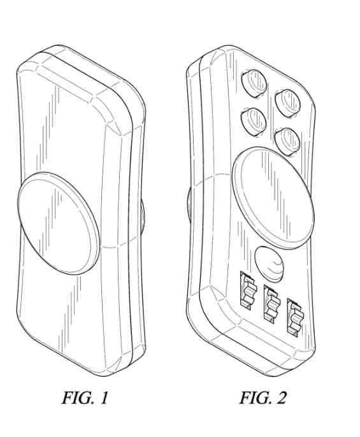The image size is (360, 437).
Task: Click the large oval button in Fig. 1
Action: (59, 223)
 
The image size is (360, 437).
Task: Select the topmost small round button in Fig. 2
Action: (254, 83)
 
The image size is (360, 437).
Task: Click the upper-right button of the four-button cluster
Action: (287, 103)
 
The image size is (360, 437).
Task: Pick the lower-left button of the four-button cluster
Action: (253, 122)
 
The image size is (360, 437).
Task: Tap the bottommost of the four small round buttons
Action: (287, 141)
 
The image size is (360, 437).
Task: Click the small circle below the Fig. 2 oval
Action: (270, 264)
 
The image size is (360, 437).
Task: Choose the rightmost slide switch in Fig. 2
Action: (295, 317)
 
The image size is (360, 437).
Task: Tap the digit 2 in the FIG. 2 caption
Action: (281, 398)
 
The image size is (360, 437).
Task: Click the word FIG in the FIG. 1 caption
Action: (76, 398)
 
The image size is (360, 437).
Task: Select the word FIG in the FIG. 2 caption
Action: (254, 398)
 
